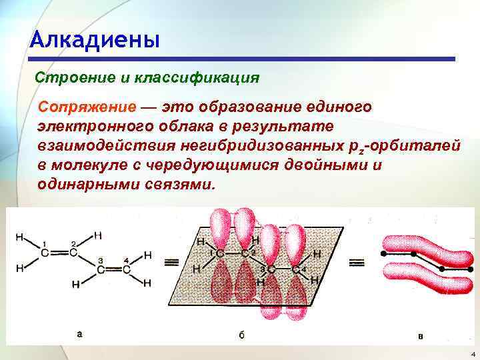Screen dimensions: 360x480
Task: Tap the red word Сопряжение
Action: pyautogui.click(x=86, y=107)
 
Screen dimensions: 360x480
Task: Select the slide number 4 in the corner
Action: pyautogui.click(x=472, y=353)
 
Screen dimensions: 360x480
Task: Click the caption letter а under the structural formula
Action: pyautogui.click(x=79, y=334)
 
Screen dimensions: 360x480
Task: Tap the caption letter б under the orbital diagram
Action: pyautogui.click(x=241, y=334)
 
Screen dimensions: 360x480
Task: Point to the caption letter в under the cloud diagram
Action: pyautogui.click(x=420, y=335)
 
